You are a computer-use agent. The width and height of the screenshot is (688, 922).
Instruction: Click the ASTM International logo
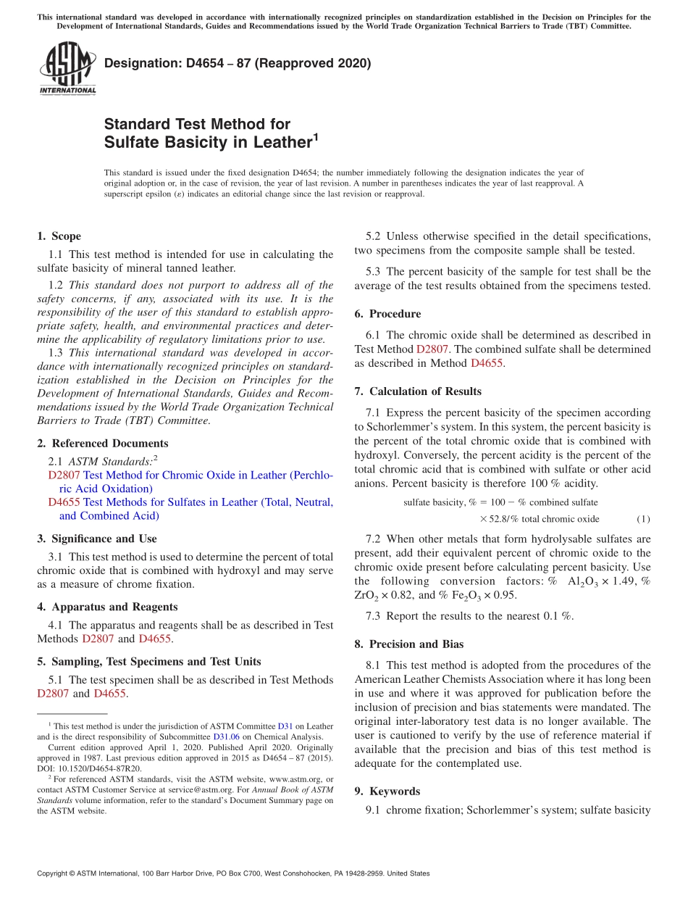pos(67,68)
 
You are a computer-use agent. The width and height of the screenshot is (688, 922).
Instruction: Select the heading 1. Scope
pos(59,236)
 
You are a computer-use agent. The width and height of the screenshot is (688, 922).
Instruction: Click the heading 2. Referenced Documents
pos(103,444)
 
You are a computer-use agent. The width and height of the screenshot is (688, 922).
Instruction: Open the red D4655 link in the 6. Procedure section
pos(487,363)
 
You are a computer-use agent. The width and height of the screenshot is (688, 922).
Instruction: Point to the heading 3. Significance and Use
pos(97,539)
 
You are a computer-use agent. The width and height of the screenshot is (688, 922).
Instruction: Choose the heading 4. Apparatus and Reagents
pos(107,607)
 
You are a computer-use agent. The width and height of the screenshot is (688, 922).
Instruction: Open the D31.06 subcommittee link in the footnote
pos(226,736)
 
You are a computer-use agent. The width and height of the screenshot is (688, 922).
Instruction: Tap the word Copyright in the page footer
pos(56,873)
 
